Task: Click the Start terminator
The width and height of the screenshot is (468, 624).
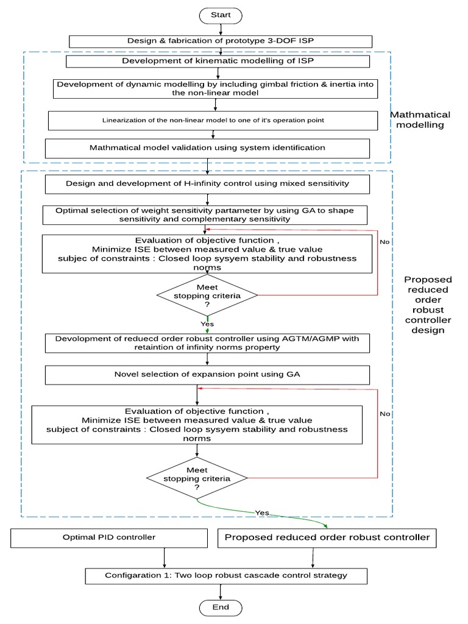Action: [x=219, y=15]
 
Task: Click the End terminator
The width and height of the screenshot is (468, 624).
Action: [x=221, y=607]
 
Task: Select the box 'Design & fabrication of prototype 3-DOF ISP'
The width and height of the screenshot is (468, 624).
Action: [x=219, y=41]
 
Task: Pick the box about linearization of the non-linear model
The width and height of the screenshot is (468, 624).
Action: [x=213, y=120]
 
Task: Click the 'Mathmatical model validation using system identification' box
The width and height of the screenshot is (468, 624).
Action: [x=208, y=148]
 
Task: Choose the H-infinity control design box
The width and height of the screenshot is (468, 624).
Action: [x=208, y=183]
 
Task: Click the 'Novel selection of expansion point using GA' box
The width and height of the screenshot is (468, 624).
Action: [x=208, y=374]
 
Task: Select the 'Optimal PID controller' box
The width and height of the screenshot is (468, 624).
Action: [x=109, y=537]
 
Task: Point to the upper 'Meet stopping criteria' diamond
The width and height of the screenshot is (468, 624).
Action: [x=207, y=295]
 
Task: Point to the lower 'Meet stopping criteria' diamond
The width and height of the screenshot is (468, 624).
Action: [x=197, y=478]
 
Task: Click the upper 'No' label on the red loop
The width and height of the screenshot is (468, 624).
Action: [x=385, y=241]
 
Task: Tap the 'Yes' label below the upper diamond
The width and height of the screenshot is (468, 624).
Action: [x=207, y=324]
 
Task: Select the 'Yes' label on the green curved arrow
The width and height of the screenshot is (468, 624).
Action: [x=262, y=512]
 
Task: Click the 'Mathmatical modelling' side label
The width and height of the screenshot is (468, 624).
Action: [x=420, y=119]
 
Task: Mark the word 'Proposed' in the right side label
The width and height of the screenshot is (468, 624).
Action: [x=427, y=279]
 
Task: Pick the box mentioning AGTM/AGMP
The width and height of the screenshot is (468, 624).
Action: [x=208, y=344]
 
